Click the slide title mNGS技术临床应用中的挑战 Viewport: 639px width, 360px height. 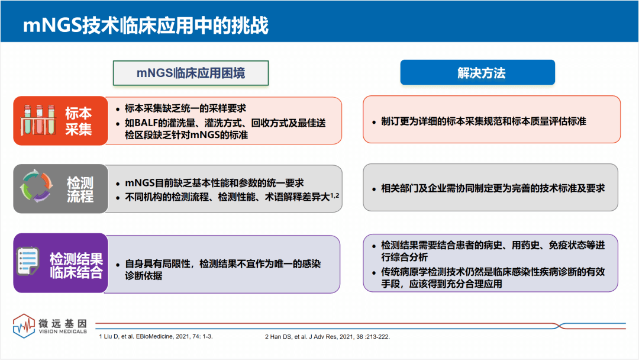(146, 25)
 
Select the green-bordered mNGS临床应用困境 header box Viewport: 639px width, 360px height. (191, 73)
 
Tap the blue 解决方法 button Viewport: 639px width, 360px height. (477, 73)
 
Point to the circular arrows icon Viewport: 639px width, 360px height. (37, 188)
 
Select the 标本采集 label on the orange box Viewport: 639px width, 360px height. (79, 121)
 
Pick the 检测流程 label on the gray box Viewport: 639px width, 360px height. (80, 189)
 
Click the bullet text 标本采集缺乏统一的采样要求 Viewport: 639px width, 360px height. (185, 108)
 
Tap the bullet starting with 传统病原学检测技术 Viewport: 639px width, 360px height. (492, 278)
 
